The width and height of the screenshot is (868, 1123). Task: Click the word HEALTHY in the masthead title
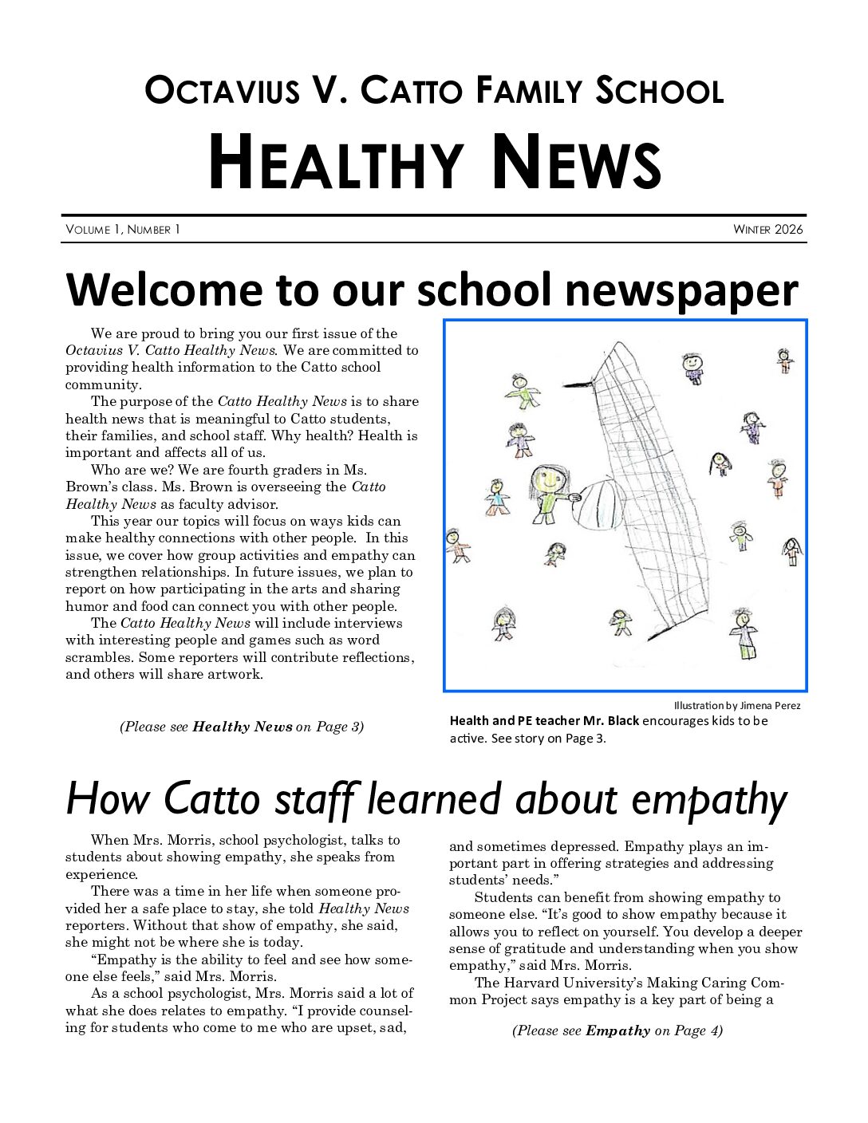[336, 164]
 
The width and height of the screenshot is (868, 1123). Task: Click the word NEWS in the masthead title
[575, 164]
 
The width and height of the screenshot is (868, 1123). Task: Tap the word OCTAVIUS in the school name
[222, 90]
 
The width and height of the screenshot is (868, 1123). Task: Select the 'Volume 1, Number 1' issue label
[123, 230]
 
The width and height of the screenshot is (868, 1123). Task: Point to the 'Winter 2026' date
[768, 230]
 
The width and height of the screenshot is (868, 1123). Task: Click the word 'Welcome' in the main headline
[164, 290]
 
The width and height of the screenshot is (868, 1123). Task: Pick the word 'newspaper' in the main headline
[681, 290]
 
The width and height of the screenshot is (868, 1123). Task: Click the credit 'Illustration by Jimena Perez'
[736, 705]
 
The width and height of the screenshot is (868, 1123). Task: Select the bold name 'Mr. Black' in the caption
[611, 720]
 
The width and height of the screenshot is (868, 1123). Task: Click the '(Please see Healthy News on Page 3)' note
[242, 727]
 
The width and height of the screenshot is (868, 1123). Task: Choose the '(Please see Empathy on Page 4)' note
[617, 1030]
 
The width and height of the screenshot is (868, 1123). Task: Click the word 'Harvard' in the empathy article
[569, 983]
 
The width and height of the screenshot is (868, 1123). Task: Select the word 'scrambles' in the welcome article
[99, 657]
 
